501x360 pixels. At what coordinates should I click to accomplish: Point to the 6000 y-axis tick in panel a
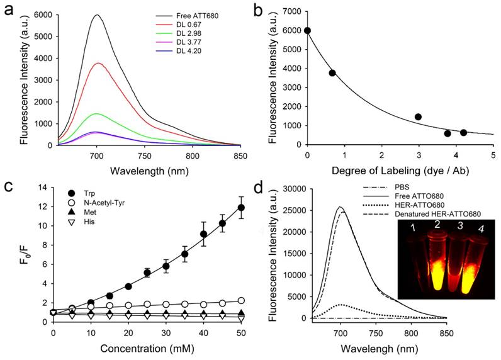(x=43, y=14)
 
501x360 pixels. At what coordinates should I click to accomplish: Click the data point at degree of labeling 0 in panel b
(x=307, y=30)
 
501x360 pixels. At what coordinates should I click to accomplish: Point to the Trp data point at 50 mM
(x=241, y=208)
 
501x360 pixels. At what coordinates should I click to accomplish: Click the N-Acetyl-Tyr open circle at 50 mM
(x=241, y=301)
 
